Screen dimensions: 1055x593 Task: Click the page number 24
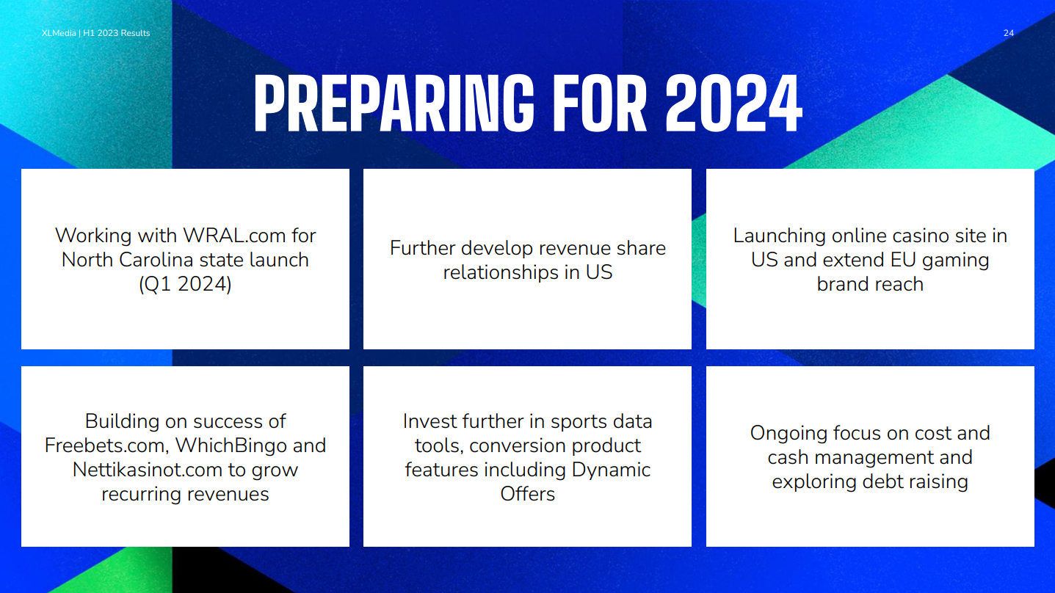tap(1008, 33)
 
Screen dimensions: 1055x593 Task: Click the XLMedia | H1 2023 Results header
tap(95, 33)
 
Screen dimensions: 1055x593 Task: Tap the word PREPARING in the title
tap(394, 103)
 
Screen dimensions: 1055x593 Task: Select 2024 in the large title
tap(733, 103)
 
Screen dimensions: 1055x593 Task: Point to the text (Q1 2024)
tap(185, 284)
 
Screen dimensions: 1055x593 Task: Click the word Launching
tap(779, 236)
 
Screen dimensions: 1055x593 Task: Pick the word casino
tap(916, 236)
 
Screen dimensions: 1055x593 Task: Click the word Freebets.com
tap(106, 445)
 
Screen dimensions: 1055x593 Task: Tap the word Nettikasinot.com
tap(147, 470)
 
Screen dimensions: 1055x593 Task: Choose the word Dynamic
tap(611, 470)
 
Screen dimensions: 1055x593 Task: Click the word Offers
tap(527, 494)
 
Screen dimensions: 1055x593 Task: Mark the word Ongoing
tap(788, 434)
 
